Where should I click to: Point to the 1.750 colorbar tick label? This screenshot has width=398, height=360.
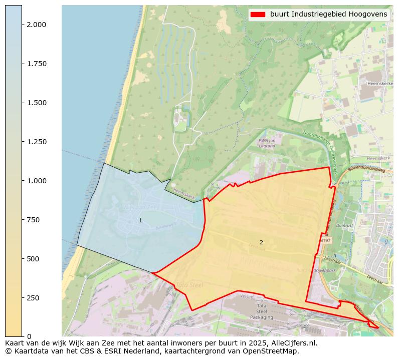click(x=36, y=64)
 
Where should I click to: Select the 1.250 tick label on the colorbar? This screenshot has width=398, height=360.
click(x=36, y=142)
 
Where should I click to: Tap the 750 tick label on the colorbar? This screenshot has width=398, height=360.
click(x=33, y=220)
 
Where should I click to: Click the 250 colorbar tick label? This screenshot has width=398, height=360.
click(x=33, y=298)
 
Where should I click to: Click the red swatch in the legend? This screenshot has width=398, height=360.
click(x=258, y=15)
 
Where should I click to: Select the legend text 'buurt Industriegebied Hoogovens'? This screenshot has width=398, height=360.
click(x=328, y=15)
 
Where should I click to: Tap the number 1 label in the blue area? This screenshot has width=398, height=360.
click(x=140, y=221)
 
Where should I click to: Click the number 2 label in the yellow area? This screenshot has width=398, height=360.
click(x=261, y=242)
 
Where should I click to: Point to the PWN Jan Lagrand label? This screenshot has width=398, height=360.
click(x=266, y=143)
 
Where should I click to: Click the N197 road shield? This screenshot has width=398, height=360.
click(x=325, y=241)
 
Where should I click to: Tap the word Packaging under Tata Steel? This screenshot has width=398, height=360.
click(x=262, y=317)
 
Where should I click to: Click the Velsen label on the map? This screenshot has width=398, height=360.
click(x=247, y=296)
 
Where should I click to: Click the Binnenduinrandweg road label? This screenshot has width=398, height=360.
click(x=365, y=170)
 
